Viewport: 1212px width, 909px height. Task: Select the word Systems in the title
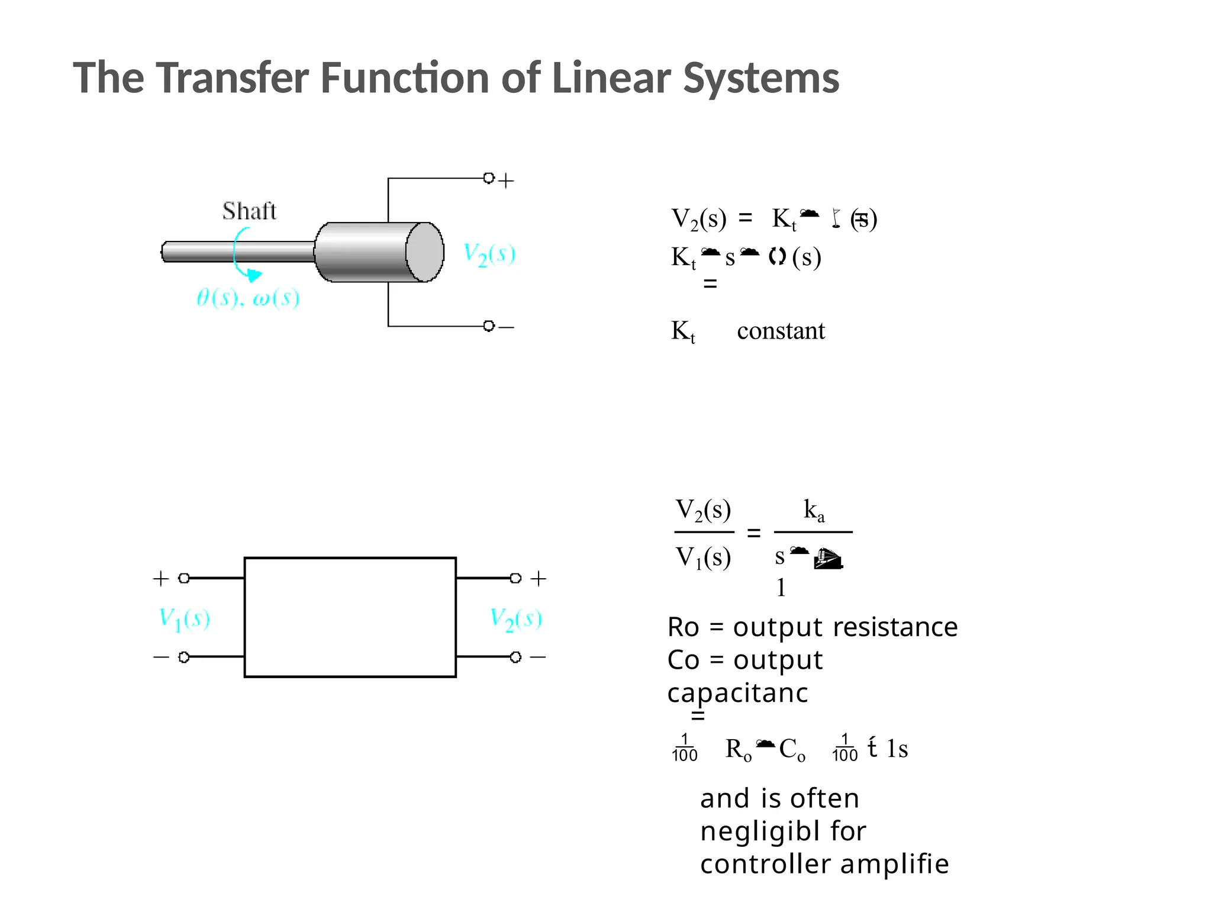(761, 79)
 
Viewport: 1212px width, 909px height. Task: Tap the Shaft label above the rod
(249, 211)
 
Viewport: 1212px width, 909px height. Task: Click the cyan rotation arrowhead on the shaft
(254, 276)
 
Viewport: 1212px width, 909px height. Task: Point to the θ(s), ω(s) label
(247, 298)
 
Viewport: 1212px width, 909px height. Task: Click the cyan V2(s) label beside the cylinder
(489, 254)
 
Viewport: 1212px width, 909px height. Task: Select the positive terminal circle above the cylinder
(488, 178)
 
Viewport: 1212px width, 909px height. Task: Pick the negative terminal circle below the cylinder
(488, 326)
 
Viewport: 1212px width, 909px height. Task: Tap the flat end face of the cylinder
(424, 252)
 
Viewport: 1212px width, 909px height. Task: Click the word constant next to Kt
(781, 331)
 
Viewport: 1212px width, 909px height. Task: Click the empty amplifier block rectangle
(350, 617)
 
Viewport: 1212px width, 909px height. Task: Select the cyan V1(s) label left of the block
(184, 619)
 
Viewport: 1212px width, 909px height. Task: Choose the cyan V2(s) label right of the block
(515, 619)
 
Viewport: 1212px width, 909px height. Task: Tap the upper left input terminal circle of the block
(184, 578)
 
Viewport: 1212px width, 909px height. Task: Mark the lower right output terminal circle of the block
(515, 657)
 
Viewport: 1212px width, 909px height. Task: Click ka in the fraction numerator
(814, 510)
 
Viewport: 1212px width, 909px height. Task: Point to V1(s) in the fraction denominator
(703, 557)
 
